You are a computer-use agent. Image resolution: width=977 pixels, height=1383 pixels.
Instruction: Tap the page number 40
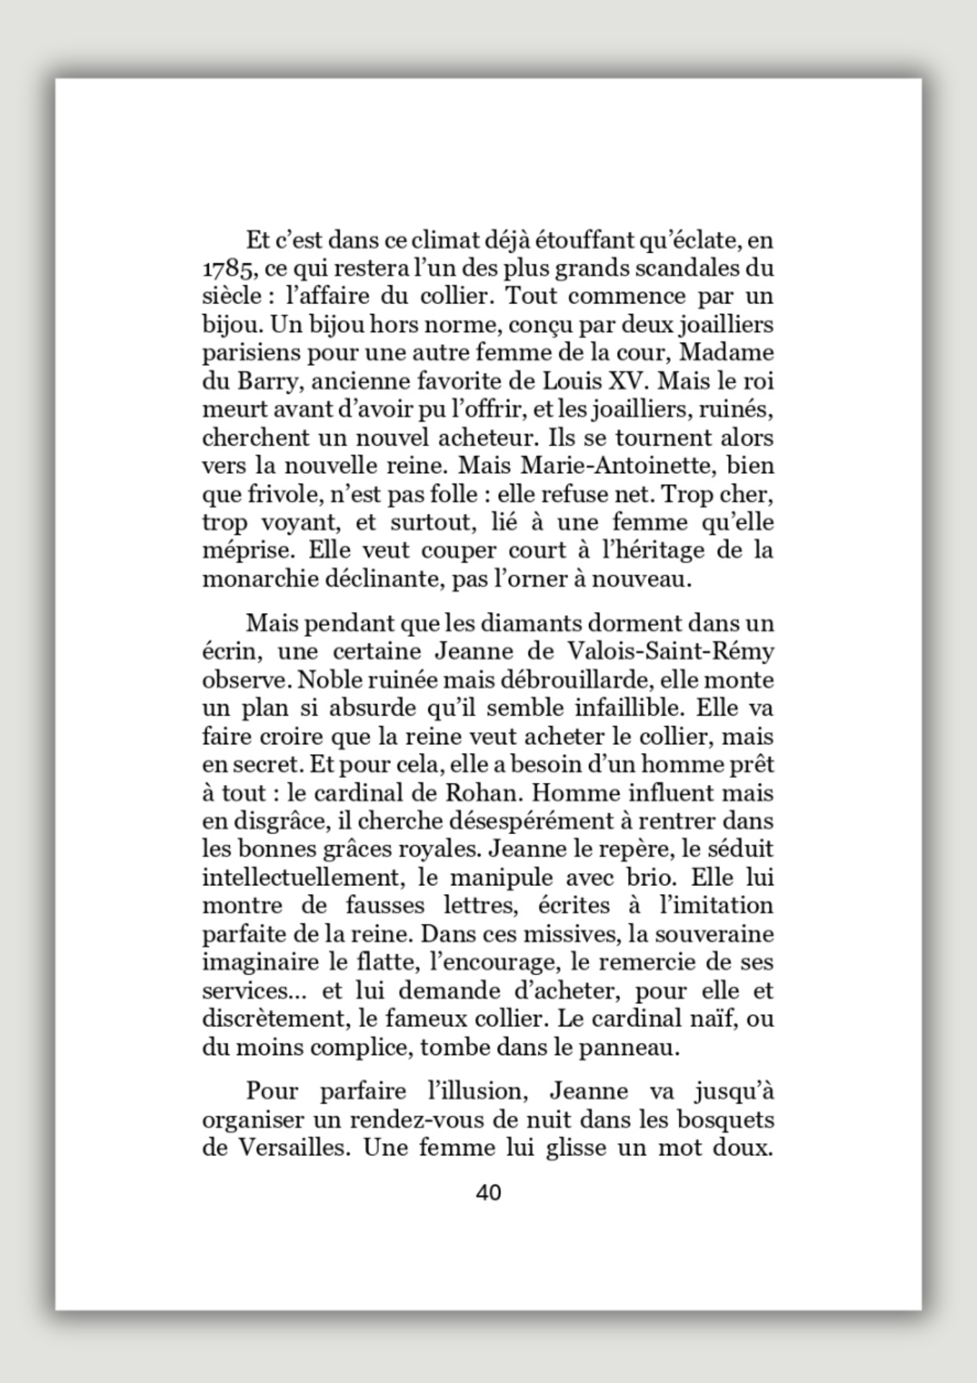pos(488,1193)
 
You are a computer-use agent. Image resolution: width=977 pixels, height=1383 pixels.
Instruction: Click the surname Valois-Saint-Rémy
pos(671,651)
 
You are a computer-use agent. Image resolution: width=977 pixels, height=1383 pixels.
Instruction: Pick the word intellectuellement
pos(300,878)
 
